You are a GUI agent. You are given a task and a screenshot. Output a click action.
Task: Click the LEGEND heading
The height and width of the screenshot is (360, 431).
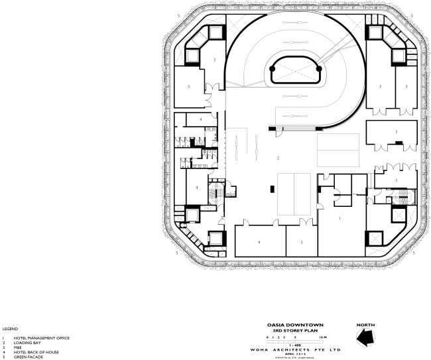coord(9,329)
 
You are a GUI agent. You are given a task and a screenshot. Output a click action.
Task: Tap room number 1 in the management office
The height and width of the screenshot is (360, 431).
coord(339,218)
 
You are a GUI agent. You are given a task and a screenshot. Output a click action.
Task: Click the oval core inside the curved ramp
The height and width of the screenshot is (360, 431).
coord(295,69)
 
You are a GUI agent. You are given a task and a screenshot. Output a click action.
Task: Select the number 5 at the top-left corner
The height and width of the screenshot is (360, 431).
coord(170,15)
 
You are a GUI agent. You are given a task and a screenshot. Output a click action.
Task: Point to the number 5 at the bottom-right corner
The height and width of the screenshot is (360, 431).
coord(414,253)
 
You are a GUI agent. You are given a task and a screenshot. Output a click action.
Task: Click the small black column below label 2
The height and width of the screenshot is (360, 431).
coord(272,190)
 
